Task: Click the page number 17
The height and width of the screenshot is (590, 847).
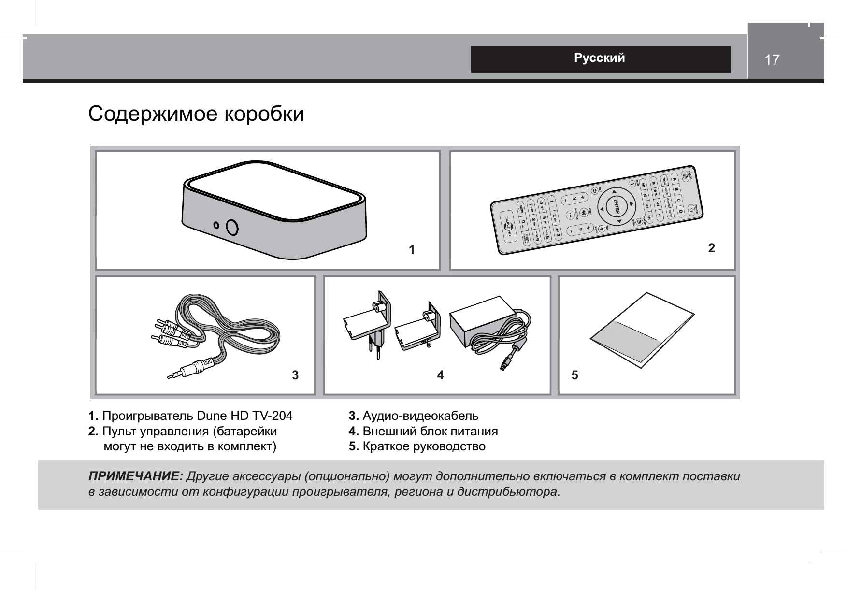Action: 772,60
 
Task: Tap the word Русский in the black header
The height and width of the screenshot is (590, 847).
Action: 599,58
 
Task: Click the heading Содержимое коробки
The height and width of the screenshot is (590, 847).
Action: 196,114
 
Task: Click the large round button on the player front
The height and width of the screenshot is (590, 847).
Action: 232,227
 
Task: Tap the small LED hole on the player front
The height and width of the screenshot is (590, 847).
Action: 217,225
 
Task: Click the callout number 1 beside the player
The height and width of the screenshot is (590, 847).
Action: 412,250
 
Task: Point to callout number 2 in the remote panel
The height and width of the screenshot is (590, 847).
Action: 711,248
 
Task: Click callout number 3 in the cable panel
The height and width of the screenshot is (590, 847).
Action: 295,375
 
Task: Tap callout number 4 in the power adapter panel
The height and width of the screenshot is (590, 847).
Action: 440,375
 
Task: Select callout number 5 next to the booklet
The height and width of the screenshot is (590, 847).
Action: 574,375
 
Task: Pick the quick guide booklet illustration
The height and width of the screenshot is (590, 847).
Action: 642,330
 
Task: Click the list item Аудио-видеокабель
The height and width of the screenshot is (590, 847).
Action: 420,416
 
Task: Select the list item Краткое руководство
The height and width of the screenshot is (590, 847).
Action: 424,446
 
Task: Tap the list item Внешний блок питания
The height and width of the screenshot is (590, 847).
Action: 430,431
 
